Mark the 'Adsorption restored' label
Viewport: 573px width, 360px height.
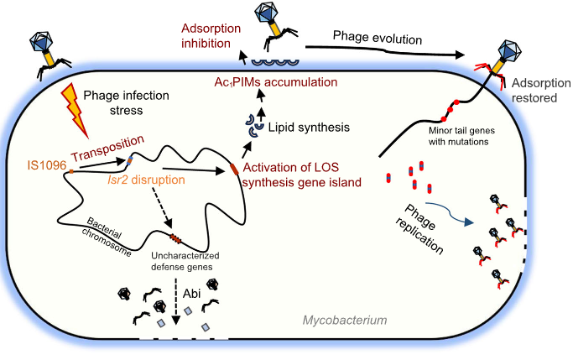[538, 90]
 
